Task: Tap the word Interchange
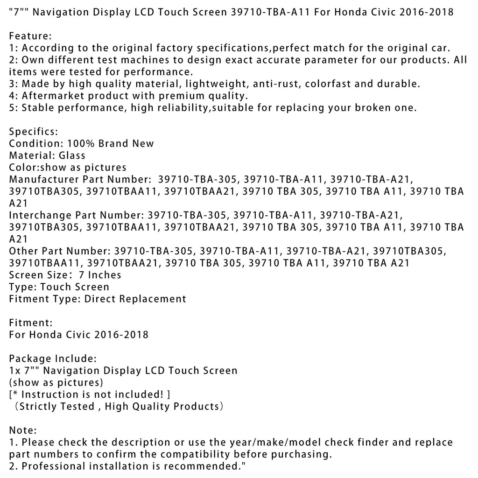tap(40, 215)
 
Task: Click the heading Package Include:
tap(53, 358)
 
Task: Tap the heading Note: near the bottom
tap(23, 430)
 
